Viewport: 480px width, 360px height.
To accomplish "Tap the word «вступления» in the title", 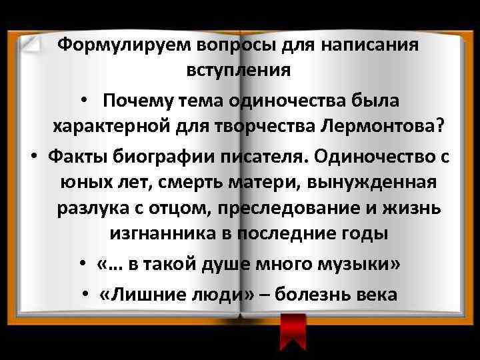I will [241, 69].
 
